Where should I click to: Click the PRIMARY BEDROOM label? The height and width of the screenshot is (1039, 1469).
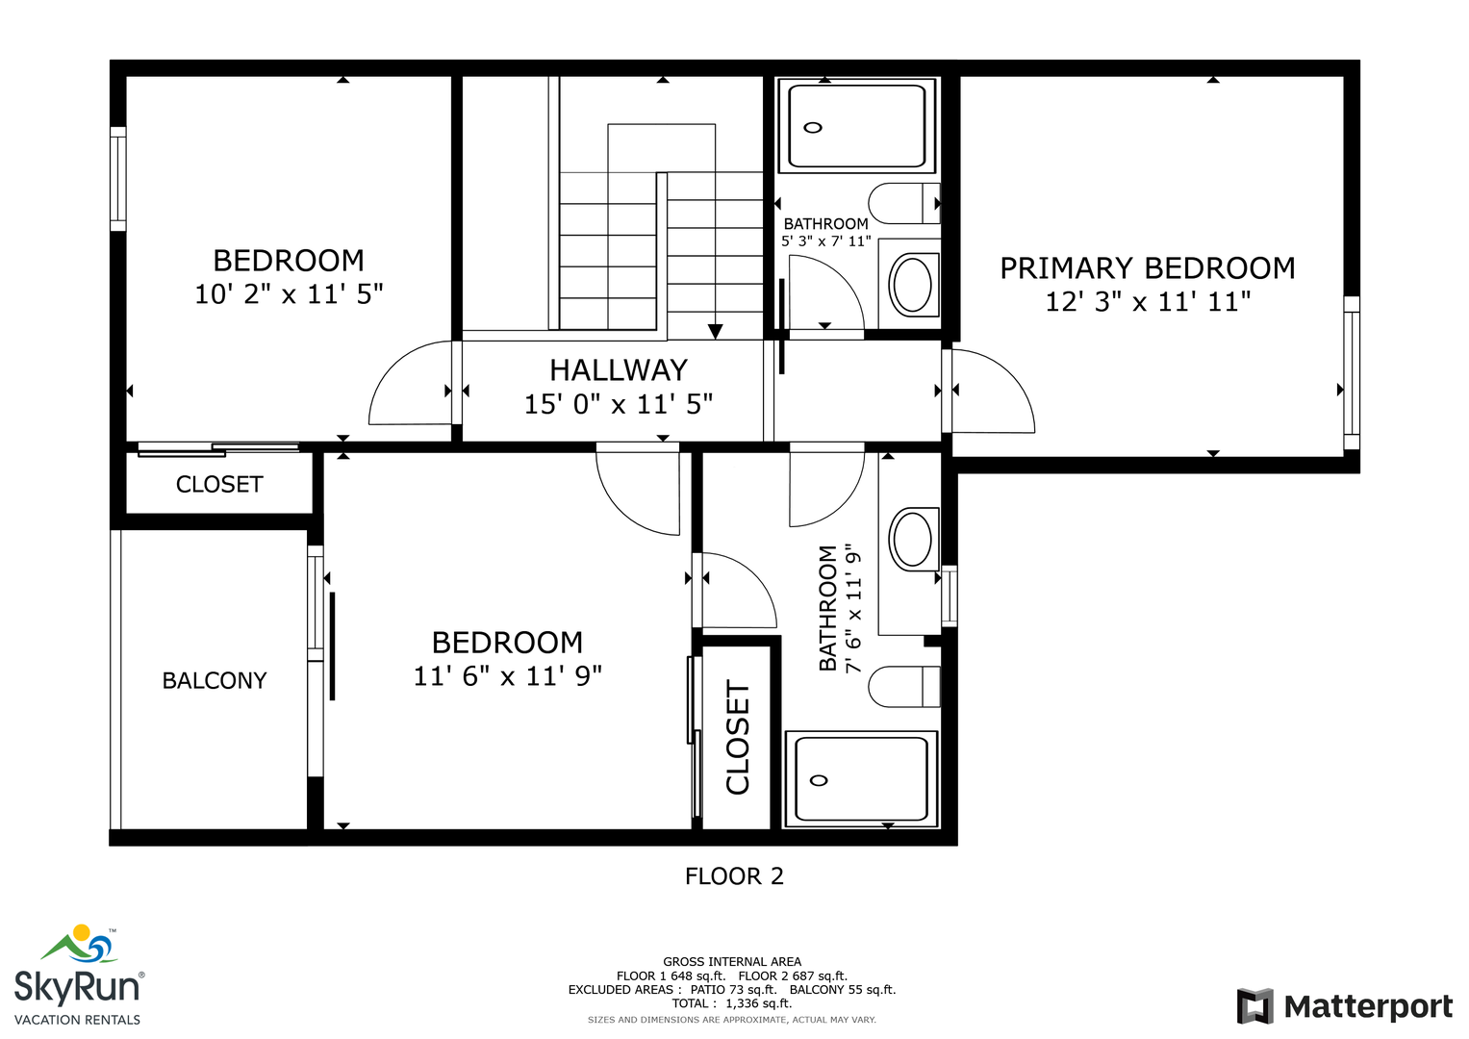point(1147,268)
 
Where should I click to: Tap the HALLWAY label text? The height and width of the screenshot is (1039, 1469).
point(619,370)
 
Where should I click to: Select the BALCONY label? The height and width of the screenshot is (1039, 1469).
point(215,681)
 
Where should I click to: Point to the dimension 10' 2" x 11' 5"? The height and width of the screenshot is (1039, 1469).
point(289,294)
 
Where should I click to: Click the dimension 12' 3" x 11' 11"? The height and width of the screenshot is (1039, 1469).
point(1148,302)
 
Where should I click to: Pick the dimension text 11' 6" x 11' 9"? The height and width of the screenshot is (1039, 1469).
point(507,676)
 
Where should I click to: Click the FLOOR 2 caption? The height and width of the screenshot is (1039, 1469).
point(735,876)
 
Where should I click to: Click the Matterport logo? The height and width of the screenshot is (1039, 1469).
point(1345,1006)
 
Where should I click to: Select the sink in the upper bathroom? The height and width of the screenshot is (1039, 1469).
point(912,286)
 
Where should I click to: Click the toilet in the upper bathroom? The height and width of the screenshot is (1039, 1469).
point(904,204)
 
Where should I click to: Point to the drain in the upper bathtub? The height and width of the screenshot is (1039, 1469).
point(813,127)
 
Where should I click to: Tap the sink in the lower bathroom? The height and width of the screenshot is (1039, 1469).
point(912,539)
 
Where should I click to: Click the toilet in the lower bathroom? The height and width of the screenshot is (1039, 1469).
point(904,687)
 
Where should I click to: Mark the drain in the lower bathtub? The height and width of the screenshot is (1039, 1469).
point(819,780)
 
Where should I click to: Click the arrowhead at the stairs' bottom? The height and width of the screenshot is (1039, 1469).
point(716,331)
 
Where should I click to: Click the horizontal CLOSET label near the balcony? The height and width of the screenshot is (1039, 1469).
point(219,485)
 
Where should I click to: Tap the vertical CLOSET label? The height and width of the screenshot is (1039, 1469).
point(738,737)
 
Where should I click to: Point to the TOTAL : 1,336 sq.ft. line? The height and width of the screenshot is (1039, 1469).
point(732,1003)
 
